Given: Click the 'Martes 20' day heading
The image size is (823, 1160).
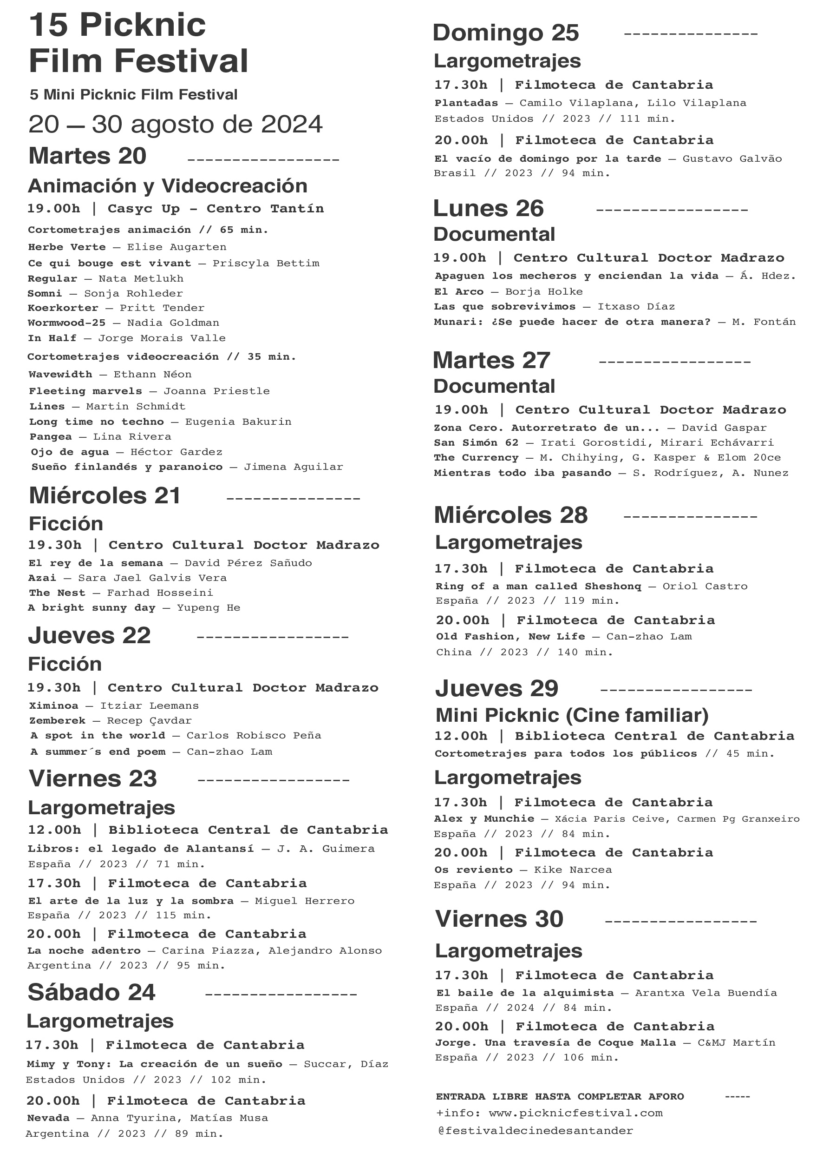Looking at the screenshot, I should (87, 156).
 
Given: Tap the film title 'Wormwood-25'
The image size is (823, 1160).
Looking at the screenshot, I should (66, 323).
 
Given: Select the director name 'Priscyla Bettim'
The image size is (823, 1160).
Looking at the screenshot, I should (266, 264).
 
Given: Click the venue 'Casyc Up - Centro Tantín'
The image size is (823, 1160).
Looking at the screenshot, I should (216, 209).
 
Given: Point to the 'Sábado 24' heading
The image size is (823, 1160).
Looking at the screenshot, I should (91, 993).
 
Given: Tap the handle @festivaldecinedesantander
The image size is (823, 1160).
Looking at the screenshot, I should (535, 1131).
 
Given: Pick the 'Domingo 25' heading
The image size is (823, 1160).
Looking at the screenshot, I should (505, 33).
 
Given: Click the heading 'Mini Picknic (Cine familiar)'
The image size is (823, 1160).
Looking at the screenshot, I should (572, 715).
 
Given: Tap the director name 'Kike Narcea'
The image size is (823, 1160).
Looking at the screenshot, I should (573, 870).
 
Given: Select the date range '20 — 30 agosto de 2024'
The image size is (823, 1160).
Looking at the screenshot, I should (176, 125).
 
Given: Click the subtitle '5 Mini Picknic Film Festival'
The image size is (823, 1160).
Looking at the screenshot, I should (133, 95).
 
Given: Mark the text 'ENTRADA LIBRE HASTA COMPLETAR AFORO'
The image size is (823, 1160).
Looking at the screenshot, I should (560, 1097).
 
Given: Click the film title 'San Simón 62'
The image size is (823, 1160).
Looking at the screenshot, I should (476, 442).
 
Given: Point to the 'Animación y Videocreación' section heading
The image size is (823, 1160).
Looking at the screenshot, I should (167, 186).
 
